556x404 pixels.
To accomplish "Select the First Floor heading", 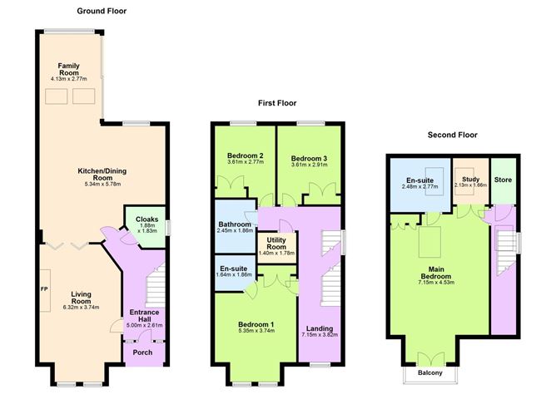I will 276,104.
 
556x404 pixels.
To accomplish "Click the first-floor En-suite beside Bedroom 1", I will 234,272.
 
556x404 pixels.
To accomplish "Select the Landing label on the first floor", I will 320,330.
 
